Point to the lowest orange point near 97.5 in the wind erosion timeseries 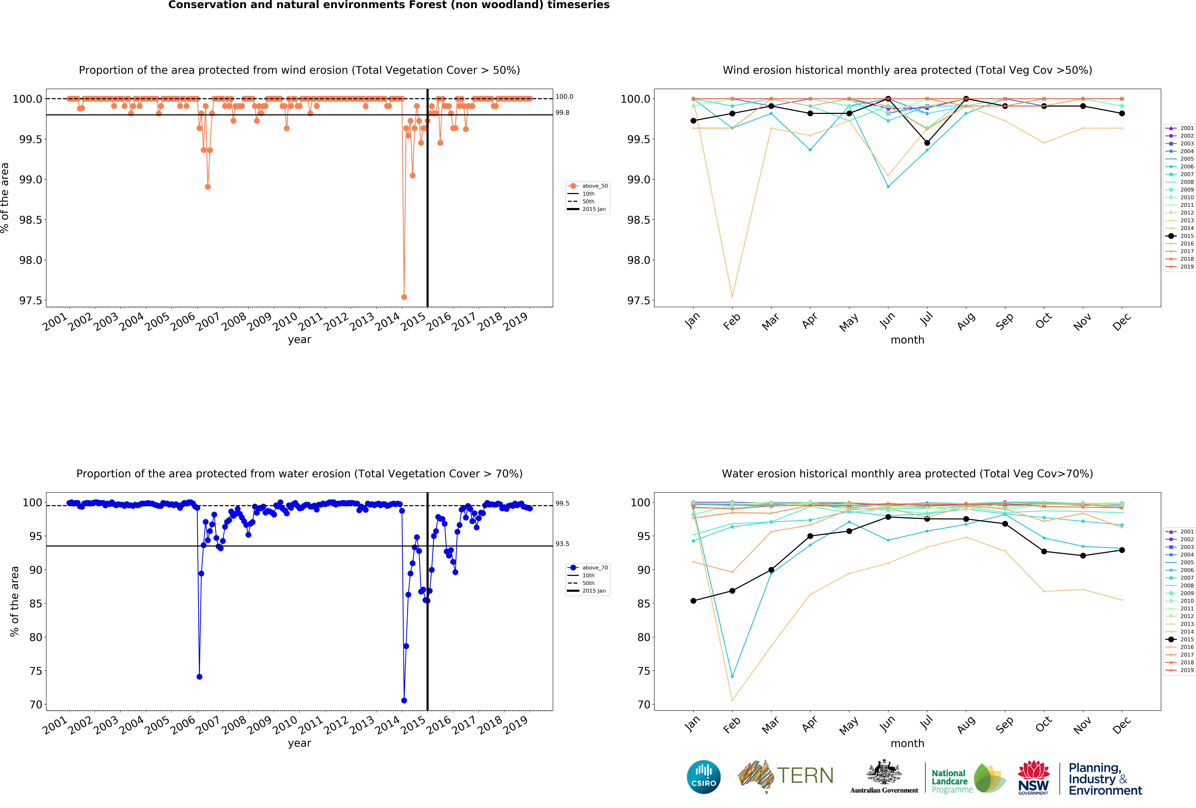(404, 297)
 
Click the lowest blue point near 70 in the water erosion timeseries (404, 700)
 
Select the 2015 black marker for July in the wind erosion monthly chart (927, 143)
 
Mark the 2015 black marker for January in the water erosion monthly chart (693, 601)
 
